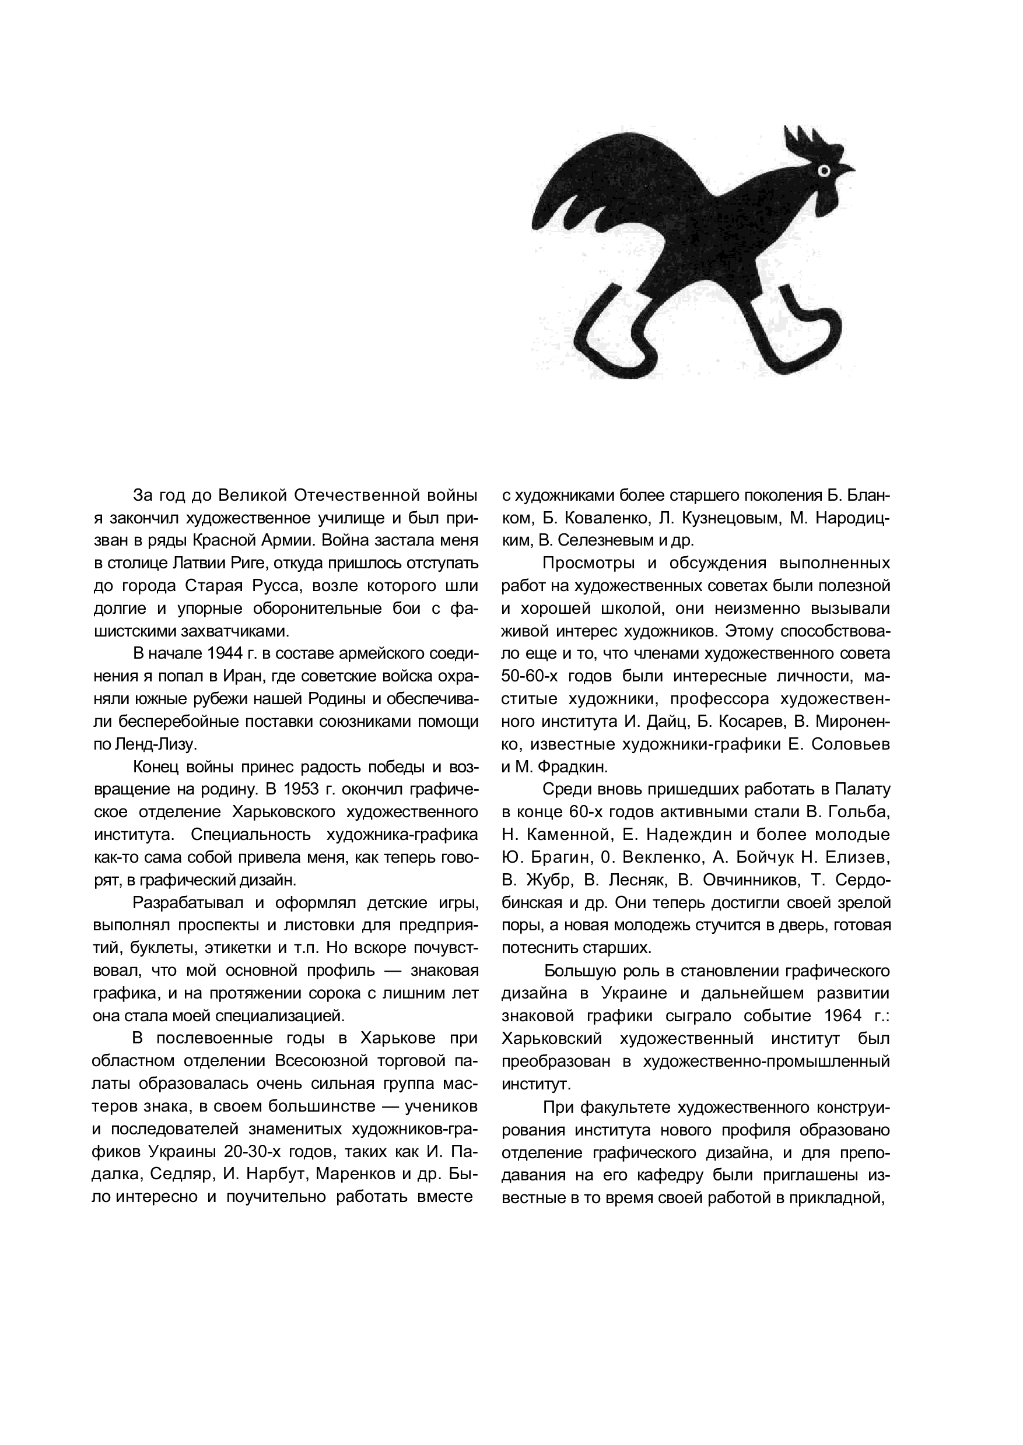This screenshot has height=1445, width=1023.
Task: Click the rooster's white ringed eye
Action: (824, 170)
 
